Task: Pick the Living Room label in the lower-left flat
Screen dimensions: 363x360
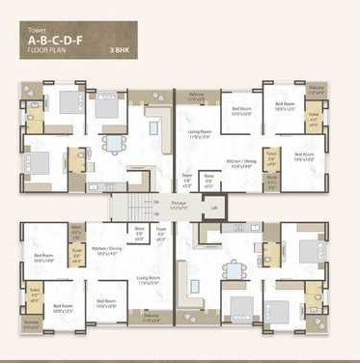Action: [148, 278]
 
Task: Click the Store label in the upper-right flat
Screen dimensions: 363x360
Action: [209, 177]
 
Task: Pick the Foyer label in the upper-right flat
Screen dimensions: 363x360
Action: [187, 177]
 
